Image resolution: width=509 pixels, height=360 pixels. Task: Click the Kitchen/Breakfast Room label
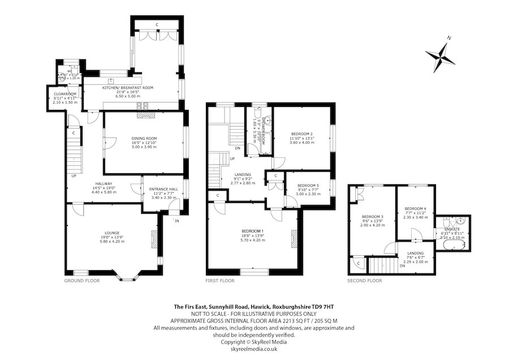pos(127,88)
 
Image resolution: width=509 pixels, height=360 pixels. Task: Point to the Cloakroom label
pos(64,95)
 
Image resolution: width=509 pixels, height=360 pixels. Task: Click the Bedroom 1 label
pos(253,231)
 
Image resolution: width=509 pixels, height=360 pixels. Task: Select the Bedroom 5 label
pos(308,186)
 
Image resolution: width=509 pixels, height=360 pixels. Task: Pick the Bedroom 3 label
pos(373,217)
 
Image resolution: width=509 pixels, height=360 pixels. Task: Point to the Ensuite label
pos(451,230)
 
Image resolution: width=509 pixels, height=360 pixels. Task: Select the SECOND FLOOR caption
pos(365,280)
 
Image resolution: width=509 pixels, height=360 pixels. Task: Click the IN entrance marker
pos(176,221)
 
